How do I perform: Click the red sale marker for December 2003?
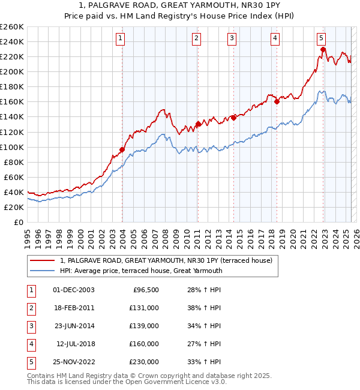(x=122, y=149)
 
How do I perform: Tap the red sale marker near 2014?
(x=233, y=118)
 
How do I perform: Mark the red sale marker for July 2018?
(x=277, y=101)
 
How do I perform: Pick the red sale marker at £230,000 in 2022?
(x=323, y=49)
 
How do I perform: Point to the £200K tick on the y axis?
(x=12, y=71)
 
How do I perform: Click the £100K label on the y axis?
(x=12, y=147)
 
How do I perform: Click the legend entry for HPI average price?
(x=141, y=271)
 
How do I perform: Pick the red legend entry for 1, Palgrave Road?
(x=166, y=260)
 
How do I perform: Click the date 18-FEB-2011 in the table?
(x=73, y=308)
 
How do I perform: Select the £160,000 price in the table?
(x=145, y=344)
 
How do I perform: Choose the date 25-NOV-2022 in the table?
(x=73, y=362)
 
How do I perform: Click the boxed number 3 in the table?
(x=31, y=326)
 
